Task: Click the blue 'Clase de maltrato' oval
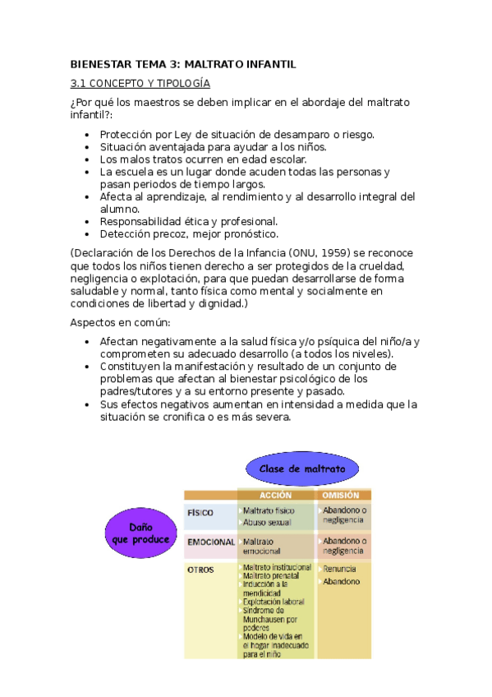pyautogui.click(x=301, y=469)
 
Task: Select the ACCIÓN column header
pyautogui.click(x=275, y=496)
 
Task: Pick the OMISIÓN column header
pyautogui.click(x=341, y=496)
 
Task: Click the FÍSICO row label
pyautogui.click(x=200, y=512)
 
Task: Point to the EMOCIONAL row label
pyautogui.click(x=211, y=542)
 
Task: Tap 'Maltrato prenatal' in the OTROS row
pyautogui.click(x=273, y=576)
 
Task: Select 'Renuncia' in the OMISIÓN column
pyautogui.click(x=338, y=569)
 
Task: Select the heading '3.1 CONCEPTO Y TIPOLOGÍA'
pyautogui.click(x=140, y=84)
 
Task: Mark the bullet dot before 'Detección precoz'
pyautogui.click(x=88, y=233)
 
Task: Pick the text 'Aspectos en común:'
pyautogui.click(x=119, y=322)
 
